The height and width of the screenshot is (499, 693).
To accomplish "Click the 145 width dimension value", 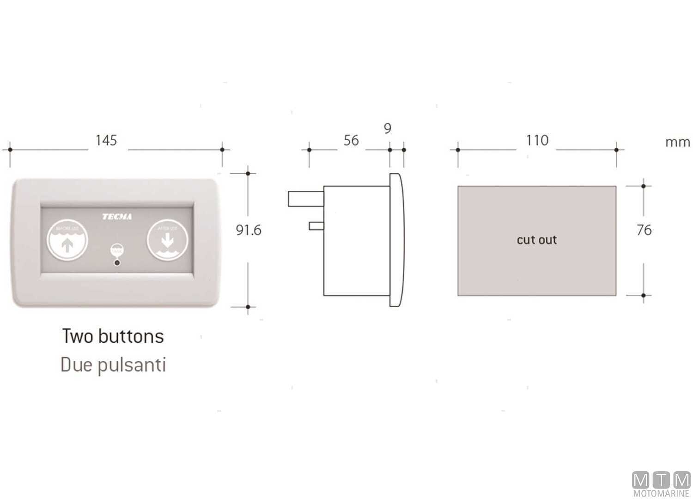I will click(106, 140).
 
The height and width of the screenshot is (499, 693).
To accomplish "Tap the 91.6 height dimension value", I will click(249, 230).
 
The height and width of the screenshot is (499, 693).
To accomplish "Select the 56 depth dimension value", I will click(351, 140).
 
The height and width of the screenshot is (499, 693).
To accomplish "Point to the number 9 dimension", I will click(388, 128).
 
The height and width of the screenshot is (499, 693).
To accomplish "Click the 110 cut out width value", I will click(537, 140).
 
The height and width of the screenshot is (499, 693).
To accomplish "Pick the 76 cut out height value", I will click(644, 230).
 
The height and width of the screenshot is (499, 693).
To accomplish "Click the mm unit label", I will click(677, 142).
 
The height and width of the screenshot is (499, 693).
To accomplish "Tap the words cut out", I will click(537, 240).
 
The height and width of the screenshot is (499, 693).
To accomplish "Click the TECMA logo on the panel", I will click(117, 217).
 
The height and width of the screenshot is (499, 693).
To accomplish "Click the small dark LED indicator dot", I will click(117, 263).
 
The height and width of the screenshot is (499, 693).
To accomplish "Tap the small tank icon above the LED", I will click(117, 249).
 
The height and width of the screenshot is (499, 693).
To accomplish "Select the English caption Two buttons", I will click(113, 336).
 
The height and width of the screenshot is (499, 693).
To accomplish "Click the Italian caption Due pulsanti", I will click(113, 365).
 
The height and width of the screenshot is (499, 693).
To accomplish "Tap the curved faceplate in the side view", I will click(396, 240).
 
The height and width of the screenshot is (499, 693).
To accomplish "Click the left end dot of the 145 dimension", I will click(10, 150).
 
